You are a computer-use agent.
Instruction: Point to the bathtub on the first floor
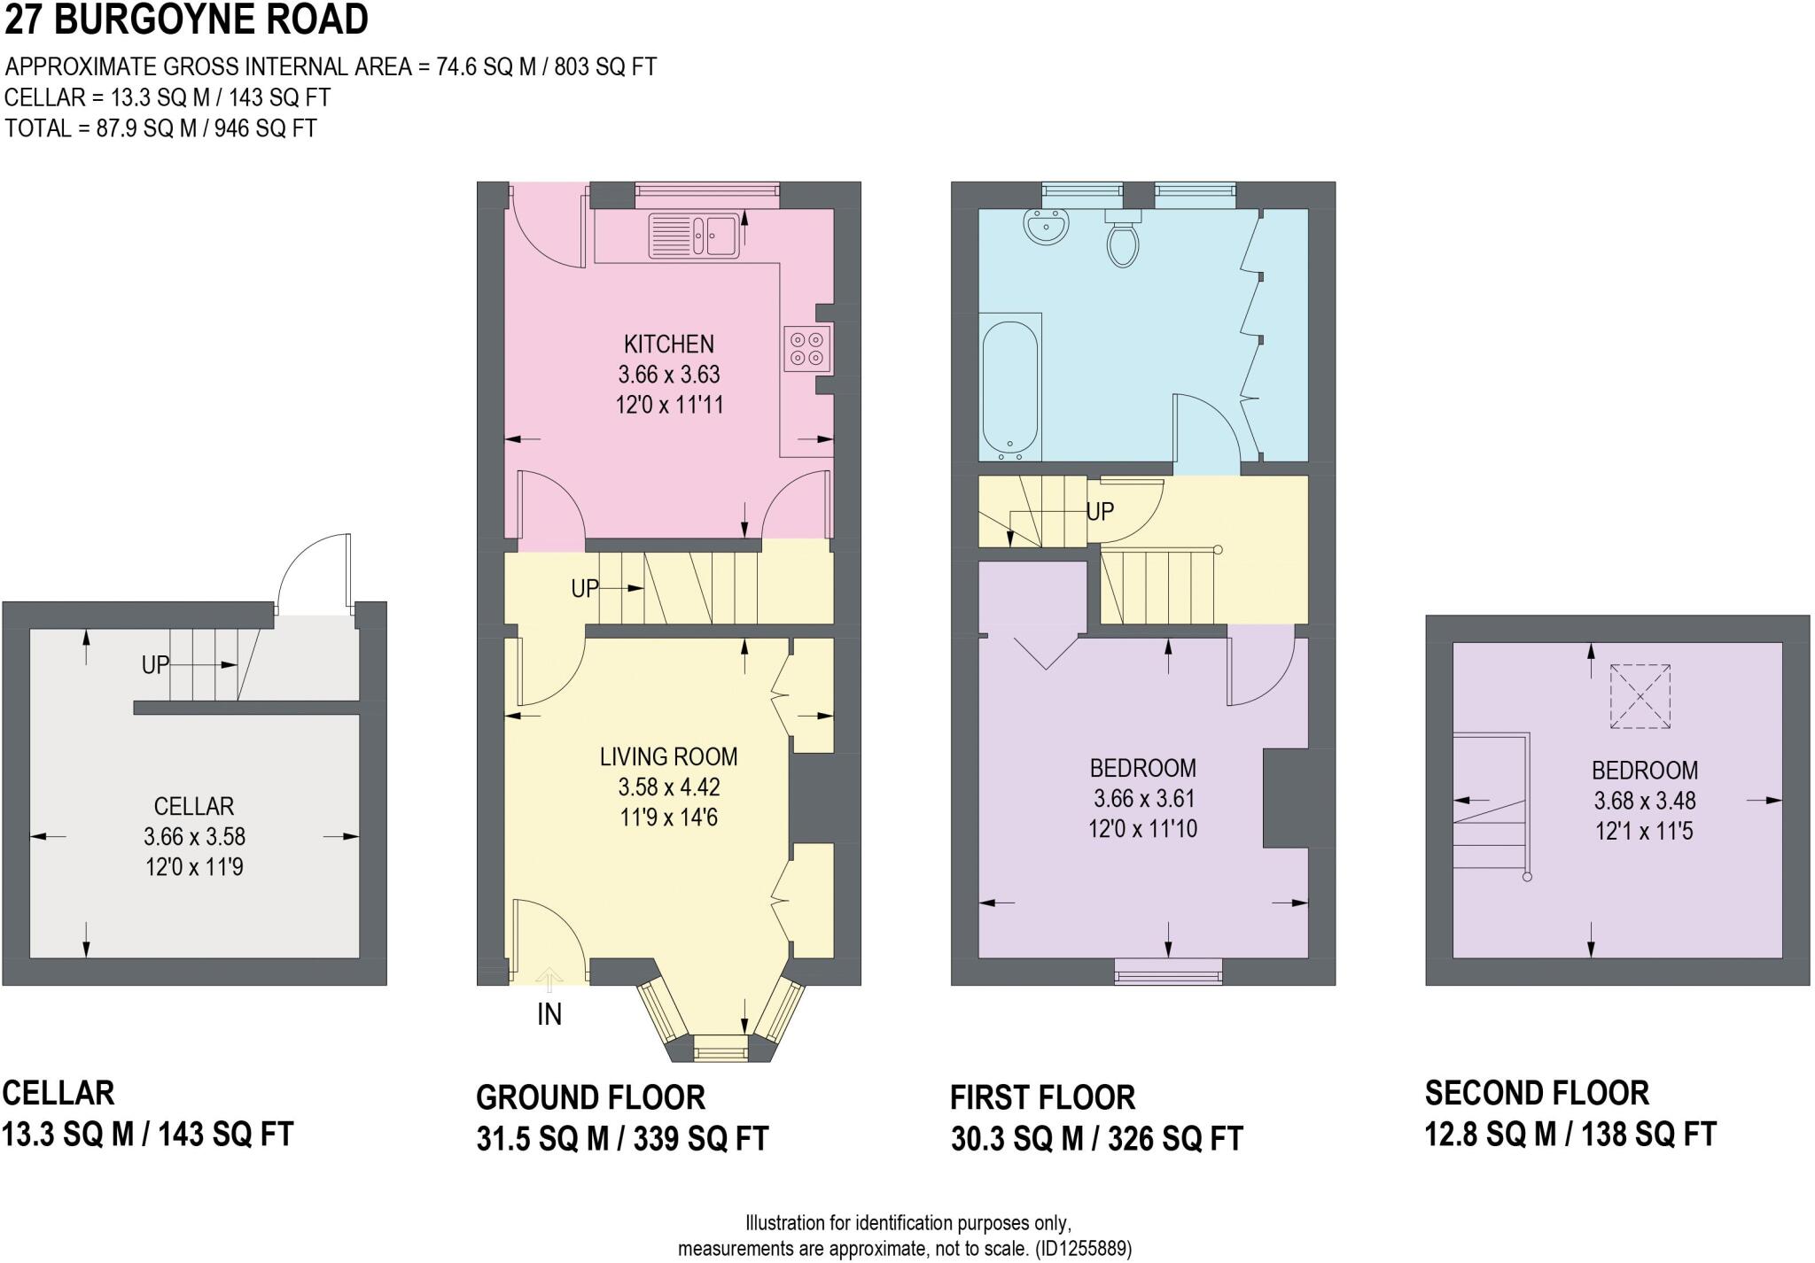coord(1010,389)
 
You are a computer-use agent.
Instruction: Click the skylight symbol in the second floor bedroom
coord(1640,697)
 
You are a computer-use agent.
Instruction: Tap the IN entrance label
coord(549,1015)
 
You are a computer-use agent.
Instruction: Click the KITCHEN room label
coord(669,344)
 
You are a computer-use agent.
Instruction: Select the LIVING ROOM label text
coord(668,757)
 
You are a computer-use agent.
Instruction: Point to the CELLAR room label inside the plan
coord(194,807)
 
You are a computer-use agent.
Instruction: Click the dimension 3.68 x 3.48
coord(1645,801)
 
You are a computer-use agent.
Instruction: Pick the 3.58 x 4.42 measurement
coord(669,787)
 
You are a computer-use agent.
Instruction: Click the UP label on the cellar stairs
coord(155,665)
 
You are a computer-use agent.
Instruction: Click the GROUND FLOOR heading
coord(590,1097)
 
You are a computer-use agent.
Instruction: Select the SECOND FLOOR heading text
coord(1537,1093)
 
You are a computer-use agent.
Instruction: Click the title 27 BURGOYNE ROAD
coord(186,19)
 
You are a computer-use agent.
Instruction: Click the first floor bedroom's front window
coord(1168,972)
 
